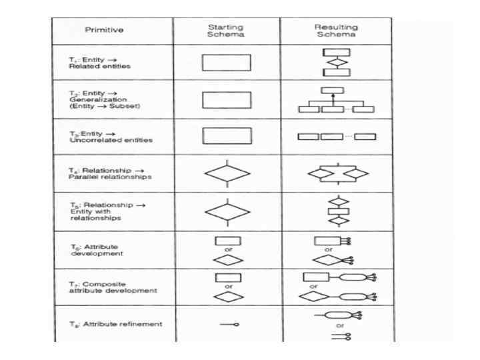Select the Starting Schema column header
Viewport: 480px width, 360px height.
click(x=227, y=31)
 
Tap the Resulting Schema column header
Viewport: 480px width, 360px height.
click(x=336, y=31)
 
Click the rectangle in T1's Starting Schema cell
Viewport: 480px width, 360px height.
click(x=226, y=63)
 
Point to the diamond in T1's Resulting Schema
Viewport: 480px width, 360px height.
click(x=336, y=63)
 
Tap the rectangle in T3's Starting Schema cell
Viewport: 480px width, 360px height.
click(x=227, y=136)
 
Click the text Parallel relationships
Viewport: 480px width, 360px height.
click(x=111, y=177)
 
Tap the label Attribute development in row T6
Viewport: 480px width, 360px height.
click(x=100, y=250)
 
